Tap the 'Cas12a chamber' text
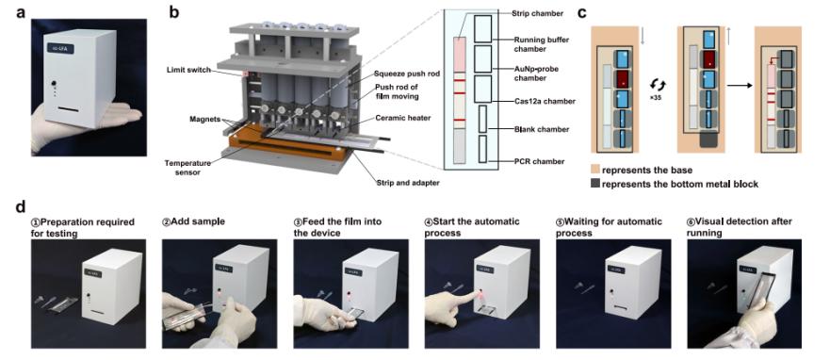[540, 100]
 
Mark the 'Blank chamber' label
[538, 129]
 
